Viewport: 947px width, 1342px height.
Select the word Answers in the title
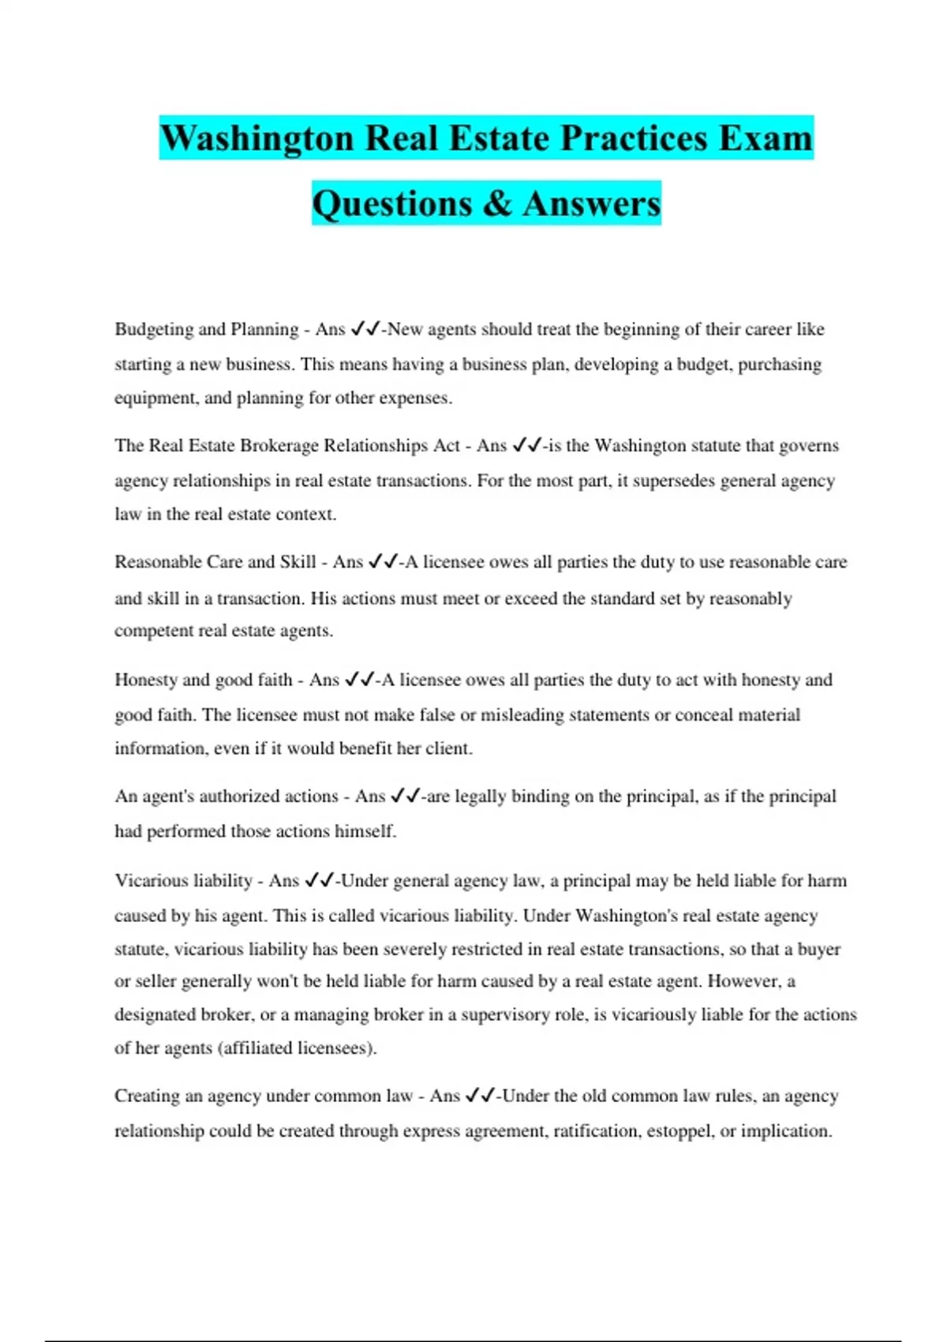click(591, 204)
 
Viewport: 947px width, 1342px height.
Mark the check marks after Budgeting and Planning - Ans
click(365, 328)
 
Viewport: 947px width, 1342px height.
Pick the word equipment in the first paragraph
click(155, 398)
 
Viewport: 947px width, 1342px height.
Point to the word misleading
click(521, 715)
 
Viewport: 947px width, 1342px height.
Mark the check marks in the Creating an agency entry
click(481, 1096)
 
